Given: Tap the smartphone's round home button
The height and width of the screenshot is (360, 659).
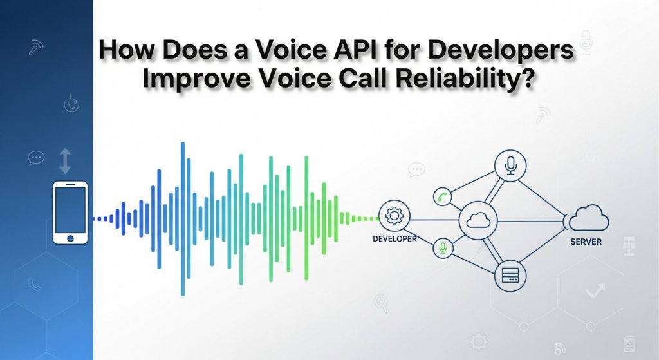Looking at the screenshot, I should click(x=70, y=238).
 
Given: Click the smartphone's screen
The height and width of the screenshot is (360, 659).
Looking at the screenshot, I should click(x=70, y=210).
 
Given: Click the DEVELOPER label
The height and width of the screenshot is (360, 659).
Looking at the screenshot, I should click(x=394, y=239).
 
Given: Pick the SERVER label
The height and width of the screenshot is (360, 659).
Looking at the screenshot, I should click(x=586, y=242).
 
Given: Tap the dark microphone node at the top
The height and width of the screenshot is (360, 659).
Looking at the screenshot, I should click(x=511, y=166).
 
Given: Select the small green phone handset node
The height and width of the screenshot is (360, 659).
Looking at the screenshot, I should click(x=442, y=196).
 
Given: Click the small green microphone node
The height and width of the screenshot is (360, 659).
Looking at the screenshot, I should click(x=442, y=248).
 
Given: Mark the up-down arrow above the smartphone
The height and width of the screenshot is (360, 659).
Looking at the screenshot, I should click(x=65, y=160).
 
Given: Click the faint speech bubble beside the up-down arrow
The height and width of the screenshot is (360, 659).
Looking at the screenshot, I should click(x=36, y=157).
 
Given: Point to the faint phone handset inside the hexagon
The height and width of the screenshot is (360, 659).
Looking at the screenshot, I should click(x=34, y=284).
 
